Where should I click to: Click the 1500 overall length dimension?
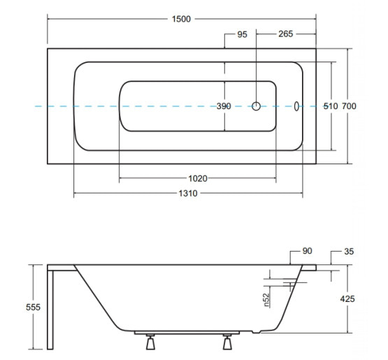click(181, 19)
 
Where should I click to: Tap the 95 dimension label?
click(242, 34)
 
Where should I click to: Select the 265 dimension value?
click(285, 34)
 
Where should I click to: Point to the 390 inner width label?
click(224, 106)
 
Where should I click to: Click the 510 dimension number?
click(331, 106)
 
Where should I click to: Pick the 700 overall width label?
click(349, 106)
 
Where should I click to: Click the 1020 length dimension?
click(198, 178)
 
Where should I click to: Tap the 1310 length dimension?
click(188, 193)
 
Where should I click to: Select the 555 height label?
click(33, 308)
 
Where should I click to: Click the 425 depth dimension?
click(347, 299)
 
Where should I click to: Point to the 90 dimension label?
click(307, 251)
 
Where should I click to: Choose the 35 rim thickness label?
click(349, 252)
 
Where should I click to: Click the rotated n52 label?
click(266, 300)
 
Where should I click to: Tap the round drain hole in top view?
click(256, 106)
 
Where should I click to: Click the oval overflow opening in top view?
click(296, 106)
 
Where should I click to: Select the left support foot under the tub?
click(150, 342)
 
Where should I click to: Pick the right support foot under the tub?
click(227, 342)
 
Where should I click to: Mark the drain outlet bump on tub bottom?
click(257, 331)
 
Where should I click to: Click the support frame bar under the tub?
click(187, 333)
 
